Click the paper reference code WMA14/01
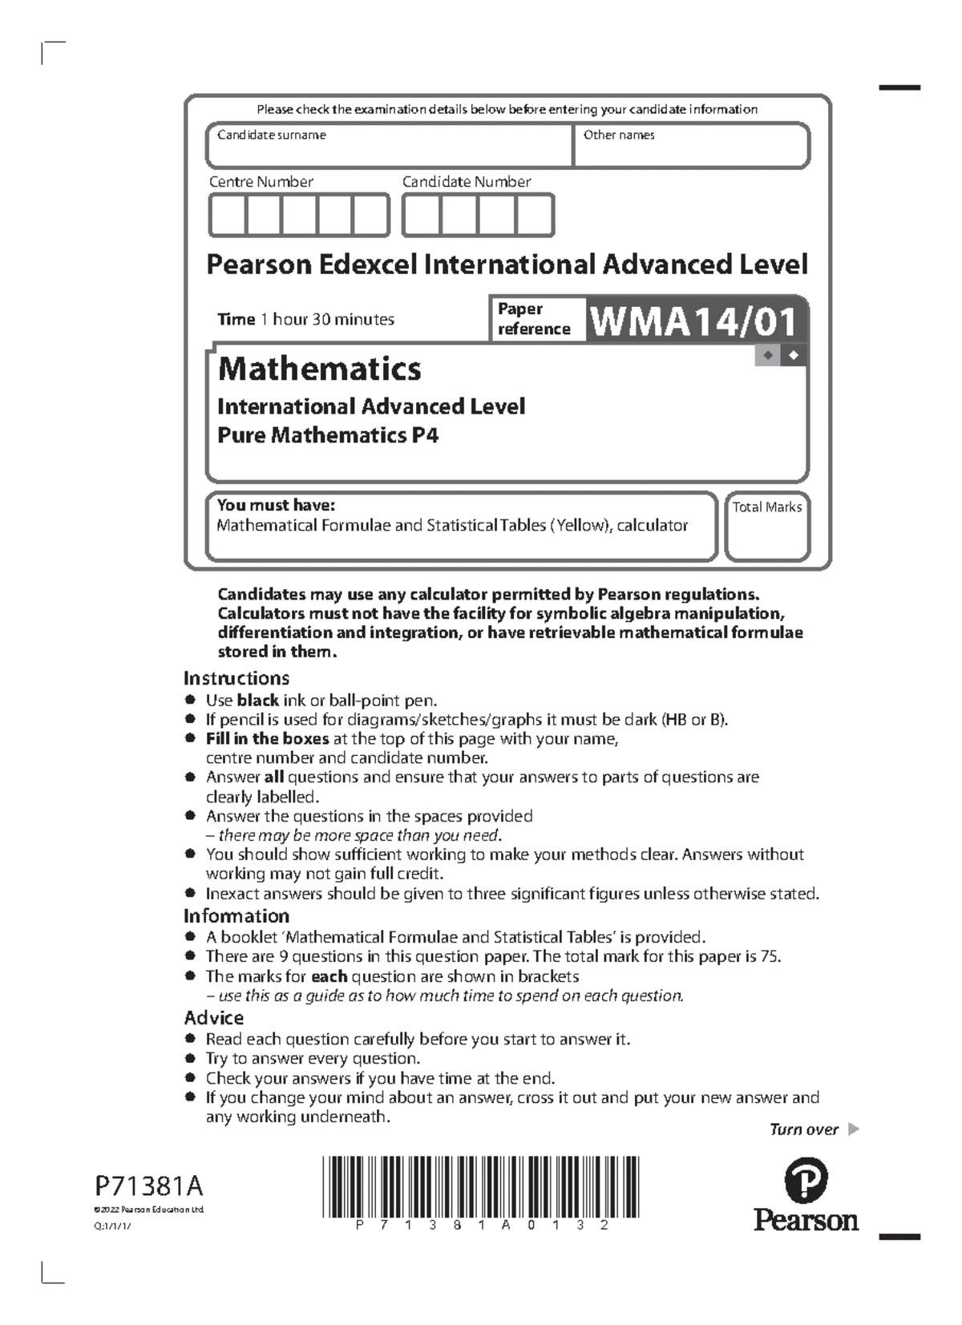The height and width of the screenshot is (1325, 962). tap(694, 322)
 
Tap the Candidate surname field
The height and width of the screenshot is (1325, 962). tap(390, 146)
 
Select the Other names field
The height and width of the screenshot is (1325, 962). tap(691, 146)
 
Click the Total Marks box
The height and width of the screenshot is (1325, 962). tap(767, 527)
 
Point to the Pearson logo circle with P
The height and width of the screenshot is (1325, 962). tap(805, 1181)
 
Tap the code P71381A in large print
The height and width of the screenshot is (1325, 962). tap(149, 1186)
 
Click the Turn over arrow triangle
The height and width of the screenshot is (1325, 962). tap(853, 1129)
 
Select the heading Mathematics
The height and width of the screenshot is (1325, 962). tap(319, 369)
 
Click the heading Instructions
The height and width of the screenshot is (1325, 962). tap(236, 678)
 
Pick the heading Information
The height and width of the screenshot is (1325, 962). tap(236, 916)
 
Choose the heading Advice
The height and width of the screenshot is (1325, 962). tap(214, 1018)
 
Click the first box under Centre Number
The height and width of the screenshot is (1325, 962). tap(228, 216)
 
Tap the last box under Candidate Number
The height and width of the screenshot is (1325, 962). tap(535, 216)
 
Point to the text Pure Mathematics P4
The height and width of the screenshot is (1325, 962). tap(328, 435)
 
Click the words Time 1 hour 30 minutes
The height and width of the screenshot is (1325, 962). tap(305, 319)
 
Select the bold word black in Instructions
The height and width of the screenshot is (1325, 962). tap(257, 700)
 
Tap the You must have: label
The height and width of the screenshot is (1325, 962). tap(276, 505)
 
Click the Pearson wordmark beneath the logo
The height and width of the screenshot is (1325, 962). tap(806, 1221)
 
